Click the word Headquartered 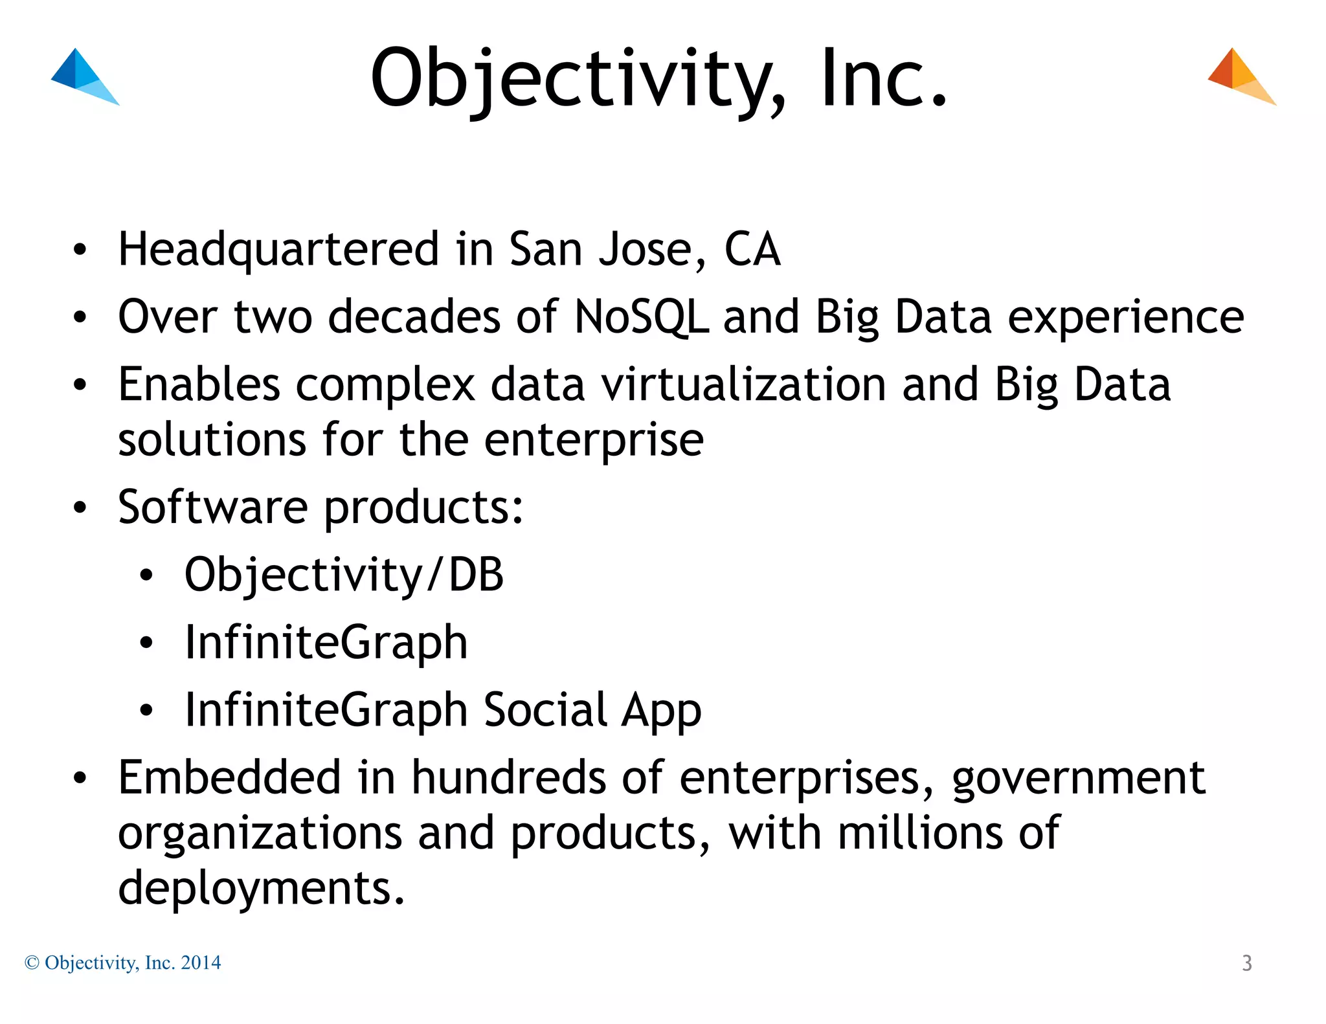[279, 250]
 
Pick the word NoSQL [641, 317]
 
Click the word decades [414, 317]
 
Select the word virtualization [743, 384]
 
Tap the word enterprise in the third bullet [594, 440]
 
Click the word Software [213, 507]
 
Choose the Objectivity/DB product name [344, 575]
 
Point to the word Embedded [229, 777]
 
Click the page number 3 [1247, 963]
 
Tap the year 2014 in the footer [201, 963]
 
